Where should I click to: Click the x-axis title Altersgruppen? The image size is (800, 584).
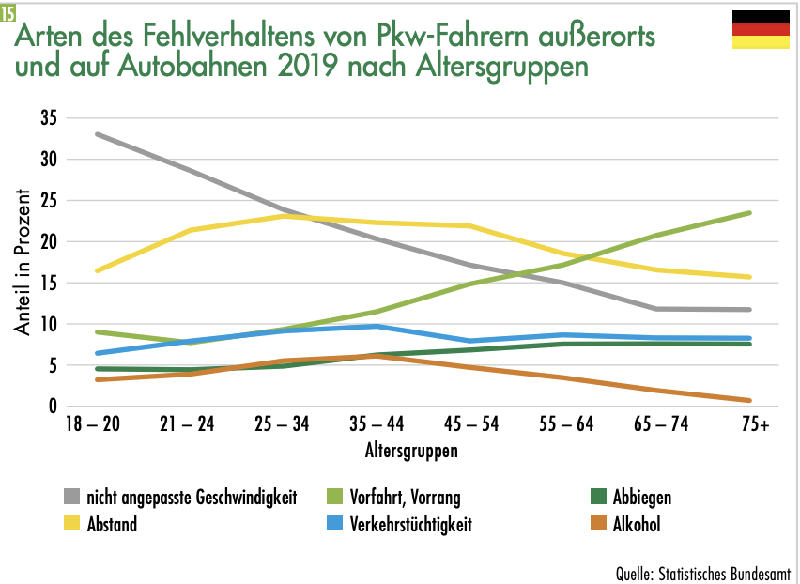(x=411, y=451)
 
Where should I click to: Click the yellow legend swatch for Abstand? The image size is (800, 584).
(x=71, y=524)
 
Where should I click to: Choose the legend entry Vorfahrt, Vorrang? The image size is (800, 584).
(x=405, y=498)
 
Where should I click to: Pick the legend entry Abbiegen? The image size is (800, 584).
(x=641, y=498)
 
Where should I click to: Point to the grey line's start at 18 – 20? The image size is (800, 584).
(x=98, y=134)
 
